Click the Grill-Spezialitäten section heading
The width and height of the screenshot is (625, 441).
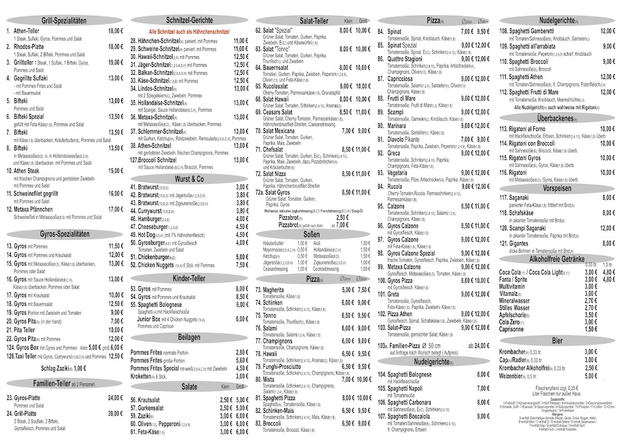(64, 20)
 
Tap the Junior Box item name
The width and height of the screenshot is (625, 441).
(153, 319)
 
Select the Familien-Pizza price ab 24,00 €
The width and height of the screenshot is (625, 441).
(479, 345)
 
